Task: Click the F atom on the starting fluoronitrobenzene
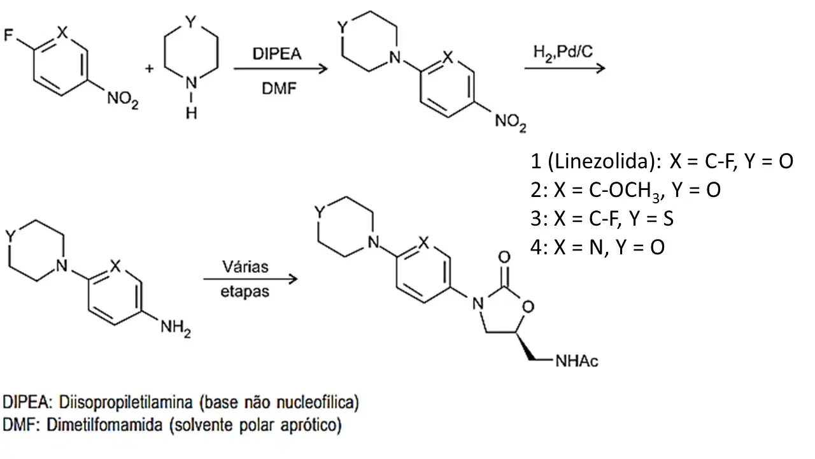8,35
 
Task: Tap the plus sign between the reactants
149,68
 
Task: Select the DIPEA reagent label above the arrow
277,54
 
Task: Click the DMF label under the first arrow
279,88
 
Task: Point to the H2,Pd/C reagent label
563,53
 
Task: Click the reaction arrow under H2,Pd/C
565,68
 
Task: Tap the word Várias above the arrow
245,266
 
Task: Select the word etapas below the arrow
245,292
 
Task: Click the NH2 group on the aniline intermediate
176,327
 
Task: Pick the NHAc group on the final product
577,361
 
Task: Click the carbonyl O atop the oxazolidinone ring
504,257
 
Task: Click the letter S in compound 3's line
669,219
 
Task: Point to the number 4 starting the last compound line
536,247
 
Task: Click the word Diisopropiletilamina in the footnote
125,402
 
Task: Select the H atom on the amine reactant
192,113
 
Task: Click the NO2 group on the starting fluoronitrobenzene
123,99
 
